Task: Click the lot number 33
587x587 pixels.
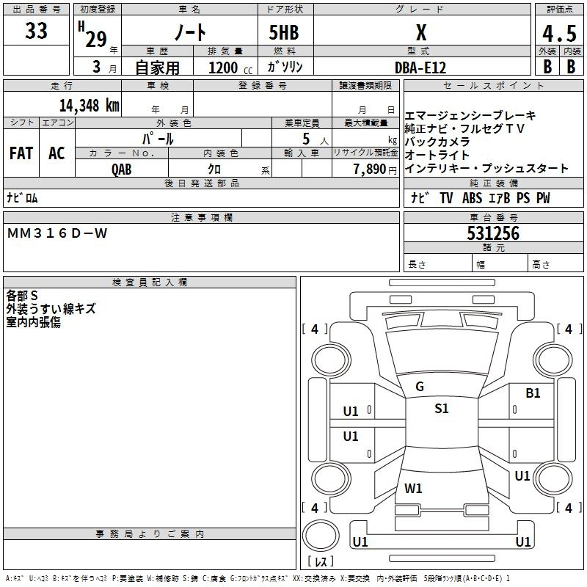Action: click(36, 32)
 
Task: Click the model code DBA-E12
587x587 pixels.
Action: click(420, 67)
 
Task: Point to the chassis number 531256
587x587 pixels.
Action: click(493, 234)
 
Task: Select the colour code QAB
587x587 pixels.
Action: click(122, 169)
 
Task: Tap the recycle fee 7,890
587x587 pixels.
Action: click(374, 169)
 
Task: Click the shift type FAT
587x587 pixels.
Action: click(21, 153)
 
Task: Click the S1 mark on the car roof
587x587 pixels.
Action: click(441, 409)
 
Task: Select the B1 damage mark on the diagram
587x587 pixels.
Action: click(533, 393)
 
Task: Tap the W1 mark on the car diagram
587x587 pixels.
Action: click(413, 488)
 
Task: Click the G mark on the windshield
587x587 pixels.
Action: click(420, 386)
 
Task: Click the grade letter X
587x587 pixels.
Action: click(420, 33)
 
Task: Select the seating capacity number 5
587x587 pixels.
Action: click(305, 139)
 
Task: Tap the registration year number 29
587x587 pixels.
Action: click(96, 40)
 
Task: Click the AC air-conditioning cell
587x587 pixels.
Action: click(56, 153)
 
